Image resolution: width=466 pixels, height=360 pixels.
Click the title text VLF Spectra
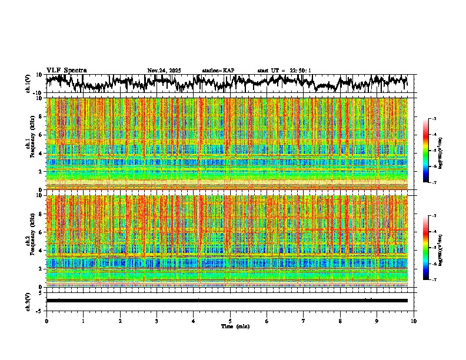(66, 71)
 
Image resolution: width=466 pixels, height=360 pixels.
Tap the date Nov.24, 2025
(164, 71)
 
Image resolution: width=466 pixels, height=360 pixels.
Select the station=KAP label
(218, 71)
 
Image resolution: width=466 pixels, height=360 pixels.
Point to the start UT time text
(284, 71)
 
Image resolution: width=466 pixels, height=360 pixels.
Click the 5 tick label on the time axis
(230, 321)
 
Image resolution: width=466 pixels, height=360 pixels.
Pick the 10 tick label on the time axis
(414, 321)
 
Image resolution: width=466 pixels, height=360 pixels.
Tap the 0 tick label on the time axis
(46, 321)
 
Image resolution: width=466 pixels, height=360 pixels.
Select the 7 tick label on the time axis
(304, 321)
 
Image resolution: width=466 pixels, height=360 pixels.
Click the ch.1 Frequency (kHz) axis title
(31, 144)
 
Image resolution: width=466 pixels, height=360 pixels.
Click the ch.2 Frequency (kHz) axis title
(31, 241)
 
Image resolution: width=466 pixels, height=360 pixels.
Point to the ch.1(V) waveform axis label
(28, 84)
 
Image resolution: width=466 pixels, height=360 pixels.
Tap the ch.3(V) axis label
(28, 301)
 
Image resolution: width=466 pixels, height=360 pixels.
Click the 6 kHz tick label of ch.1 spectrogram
(42, 135)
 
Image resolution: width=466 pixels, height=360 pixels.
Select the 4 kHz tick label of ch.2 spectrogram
(42, 251)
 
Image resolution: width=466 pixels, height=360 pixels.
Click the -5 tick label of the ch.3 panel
(40, 310)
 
